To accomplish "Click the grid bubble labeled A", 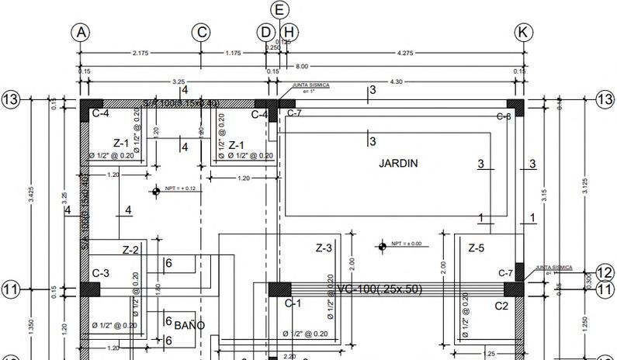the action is click(x=81, y=32).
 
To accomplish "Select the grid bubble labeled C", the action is click(x=201, y=32).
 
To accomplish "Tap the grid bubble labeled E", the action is click(x=281, y=9).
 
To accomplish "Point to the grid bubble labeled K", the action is click(x=524, y=32).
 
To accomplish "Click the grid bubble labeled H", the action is click(x=289, y=32).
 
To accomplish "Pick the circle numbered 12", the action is click(x=605, y=273).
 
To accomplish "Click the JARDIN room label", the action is click(x=398, y=164).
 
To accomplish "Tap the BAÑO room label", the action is click(x=189, y=325).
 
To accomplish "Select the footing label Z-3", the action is click(x=324, y=248).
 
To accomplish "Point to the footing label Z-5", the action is click(x=476, y=248).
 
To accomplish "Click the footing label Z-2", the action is click(x=130, y=250).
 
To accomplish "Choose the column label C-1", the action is click(x=293, y=303).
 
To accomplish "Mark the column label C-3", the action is click(x=100, y=273).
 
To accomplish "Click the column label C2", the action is click(x=501, y=306).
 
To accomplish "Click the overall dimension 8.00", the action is click(x=301, y=67).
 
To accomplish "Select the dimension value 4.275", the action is click(x=404, y=53).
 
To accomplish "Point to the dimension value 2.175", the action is click(x=140, y=53).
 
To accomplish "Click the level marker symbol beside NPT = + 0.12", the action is click(x=156, y=190).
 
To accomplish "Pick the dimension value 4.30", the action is click(x=395, y=81).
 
